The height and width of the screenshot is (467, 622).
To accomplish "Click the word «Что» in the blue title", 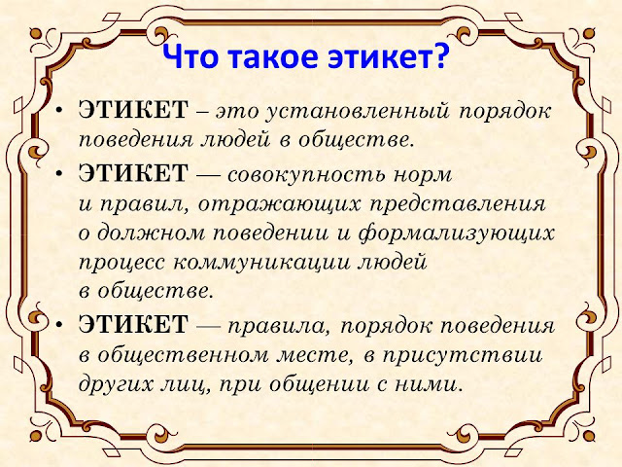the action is pos(190,55).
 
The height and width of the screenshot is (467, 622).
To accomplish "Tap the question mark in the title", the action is pos(440,55).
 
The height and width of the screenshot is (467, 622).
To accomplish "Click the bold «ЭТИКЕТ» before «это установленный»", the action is pos(133,110).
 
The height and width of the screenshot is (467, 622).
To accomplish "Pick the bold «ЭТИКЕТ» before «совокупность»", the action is pos(133,173).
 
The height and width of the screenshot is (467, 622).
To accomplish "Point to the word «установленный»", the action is pos(358,112).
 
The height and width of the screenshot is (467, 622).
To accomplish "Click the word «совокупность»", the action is pos(306,175).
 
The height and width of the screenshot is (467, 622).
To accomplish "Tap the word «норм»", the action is pos(423,175).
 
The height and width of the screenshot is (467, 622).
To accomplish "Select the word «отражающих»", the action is pos(280,205).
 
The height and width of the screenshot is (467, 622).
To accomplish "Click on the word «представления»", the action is pos(458,205).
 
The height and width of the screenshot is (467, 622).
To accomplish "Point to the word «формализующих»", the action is pos(457,233).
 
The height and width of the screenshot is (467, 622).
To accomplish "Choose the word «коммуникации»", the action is pos(261,264).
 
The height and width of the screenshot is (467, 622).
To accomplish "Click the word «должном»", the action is pos(152,234).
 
